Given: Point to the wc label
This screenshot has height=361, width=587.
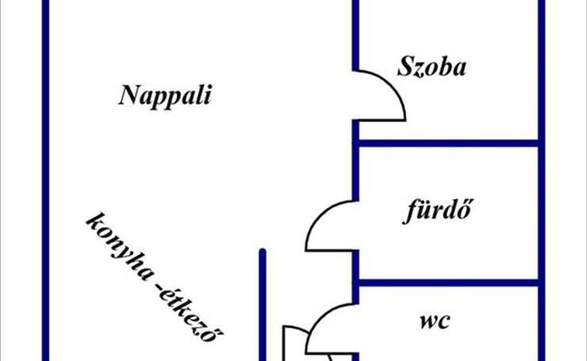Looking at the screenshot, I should tap(435, 321).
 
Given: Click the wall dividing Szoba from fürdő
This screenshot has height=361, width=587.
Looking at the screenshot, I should tap(448, 144).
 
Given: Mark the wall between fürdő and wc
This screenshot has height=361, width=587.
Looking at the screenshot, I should tap(448, 281).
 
